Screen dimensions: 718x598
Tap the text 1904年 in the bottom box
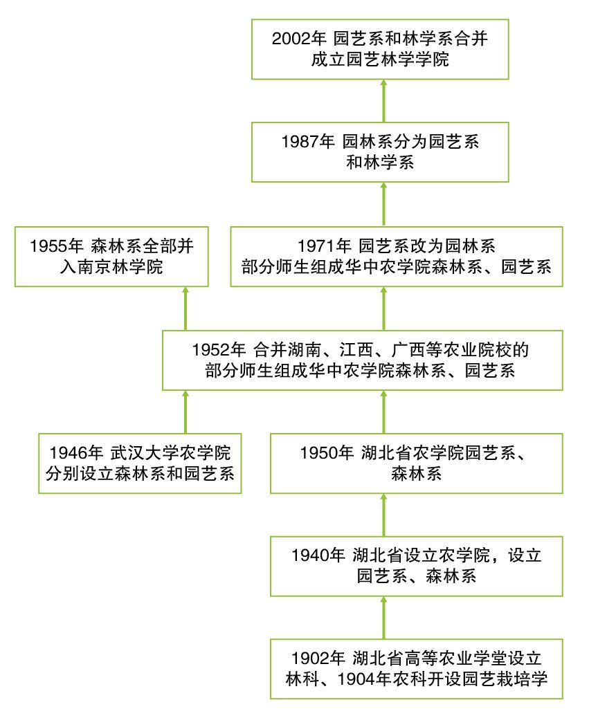coord(363,678)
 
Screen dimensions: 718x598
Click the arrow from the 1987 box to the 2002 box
coord(383,101)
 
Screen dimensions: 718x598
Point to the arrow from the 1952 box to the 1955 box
coord(185,307)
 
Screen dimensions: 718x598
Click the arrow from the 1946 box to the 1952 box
coord(185,411)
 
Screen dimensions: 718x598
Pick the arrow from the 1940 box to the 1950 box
coord(383,513)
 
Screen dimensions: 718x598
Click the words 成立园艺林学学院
coord(380,60)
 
